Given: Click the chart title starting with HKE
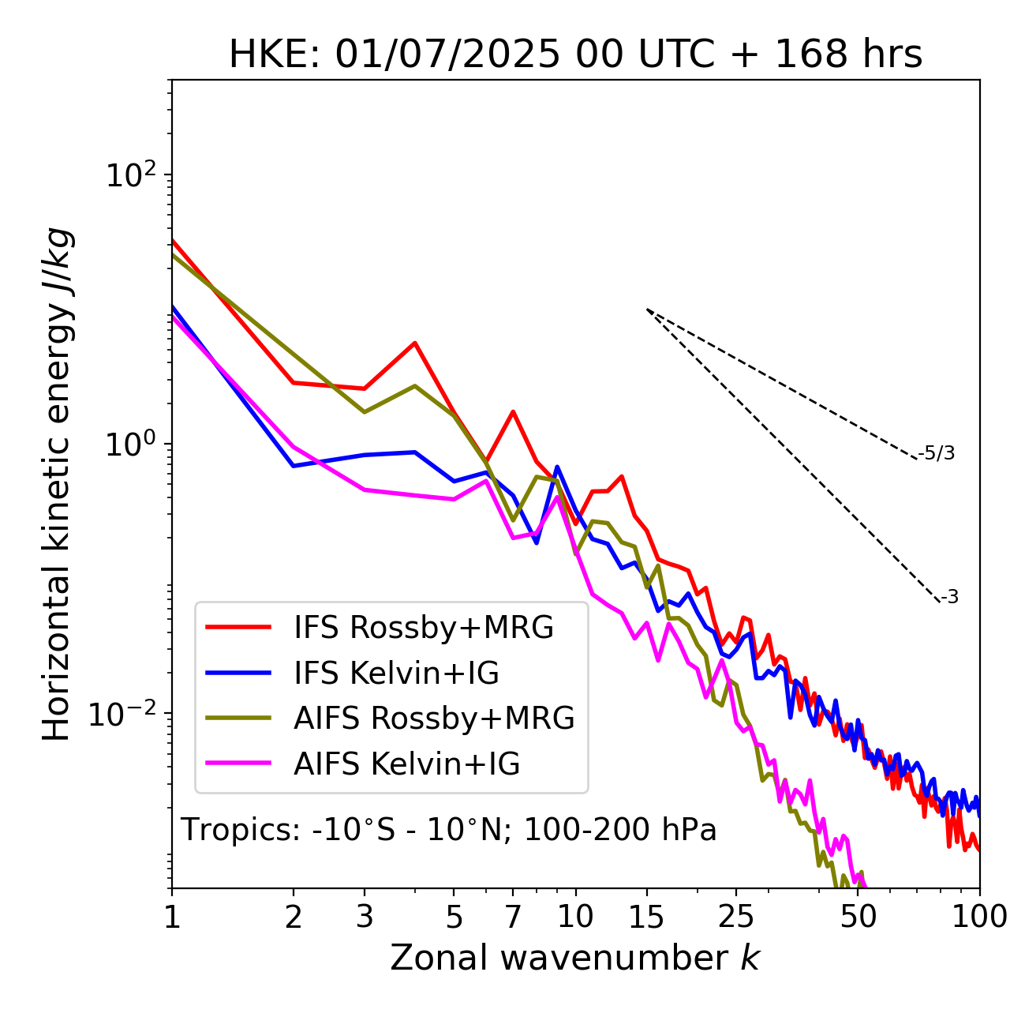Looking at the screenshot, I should (x=575, y=55).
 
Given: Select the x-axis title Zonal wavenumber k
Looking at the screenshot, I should (x=575, y=958).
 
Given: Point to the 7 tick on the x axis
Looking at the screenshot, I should (x=513, y=917).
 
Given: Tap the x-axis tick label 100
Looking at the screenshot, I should (x=979, y=917).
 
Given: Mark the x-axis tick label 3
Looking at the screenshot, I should (x=365, y=917).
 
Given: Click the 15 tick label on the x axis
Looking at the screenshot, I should (x=646, y=917).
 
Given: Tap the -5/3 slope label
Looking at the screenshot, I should (x=937, y=454).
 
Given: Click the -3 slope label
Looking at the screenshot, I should (x=949, y=598).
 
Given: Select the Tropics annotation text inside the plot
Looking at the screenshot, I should (x=449, y=831).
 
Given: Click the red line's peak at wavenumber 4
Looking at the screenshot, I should (x=415, y=343).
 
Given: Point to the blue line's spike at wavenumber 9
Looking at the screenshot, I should (x=557, y=467).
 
